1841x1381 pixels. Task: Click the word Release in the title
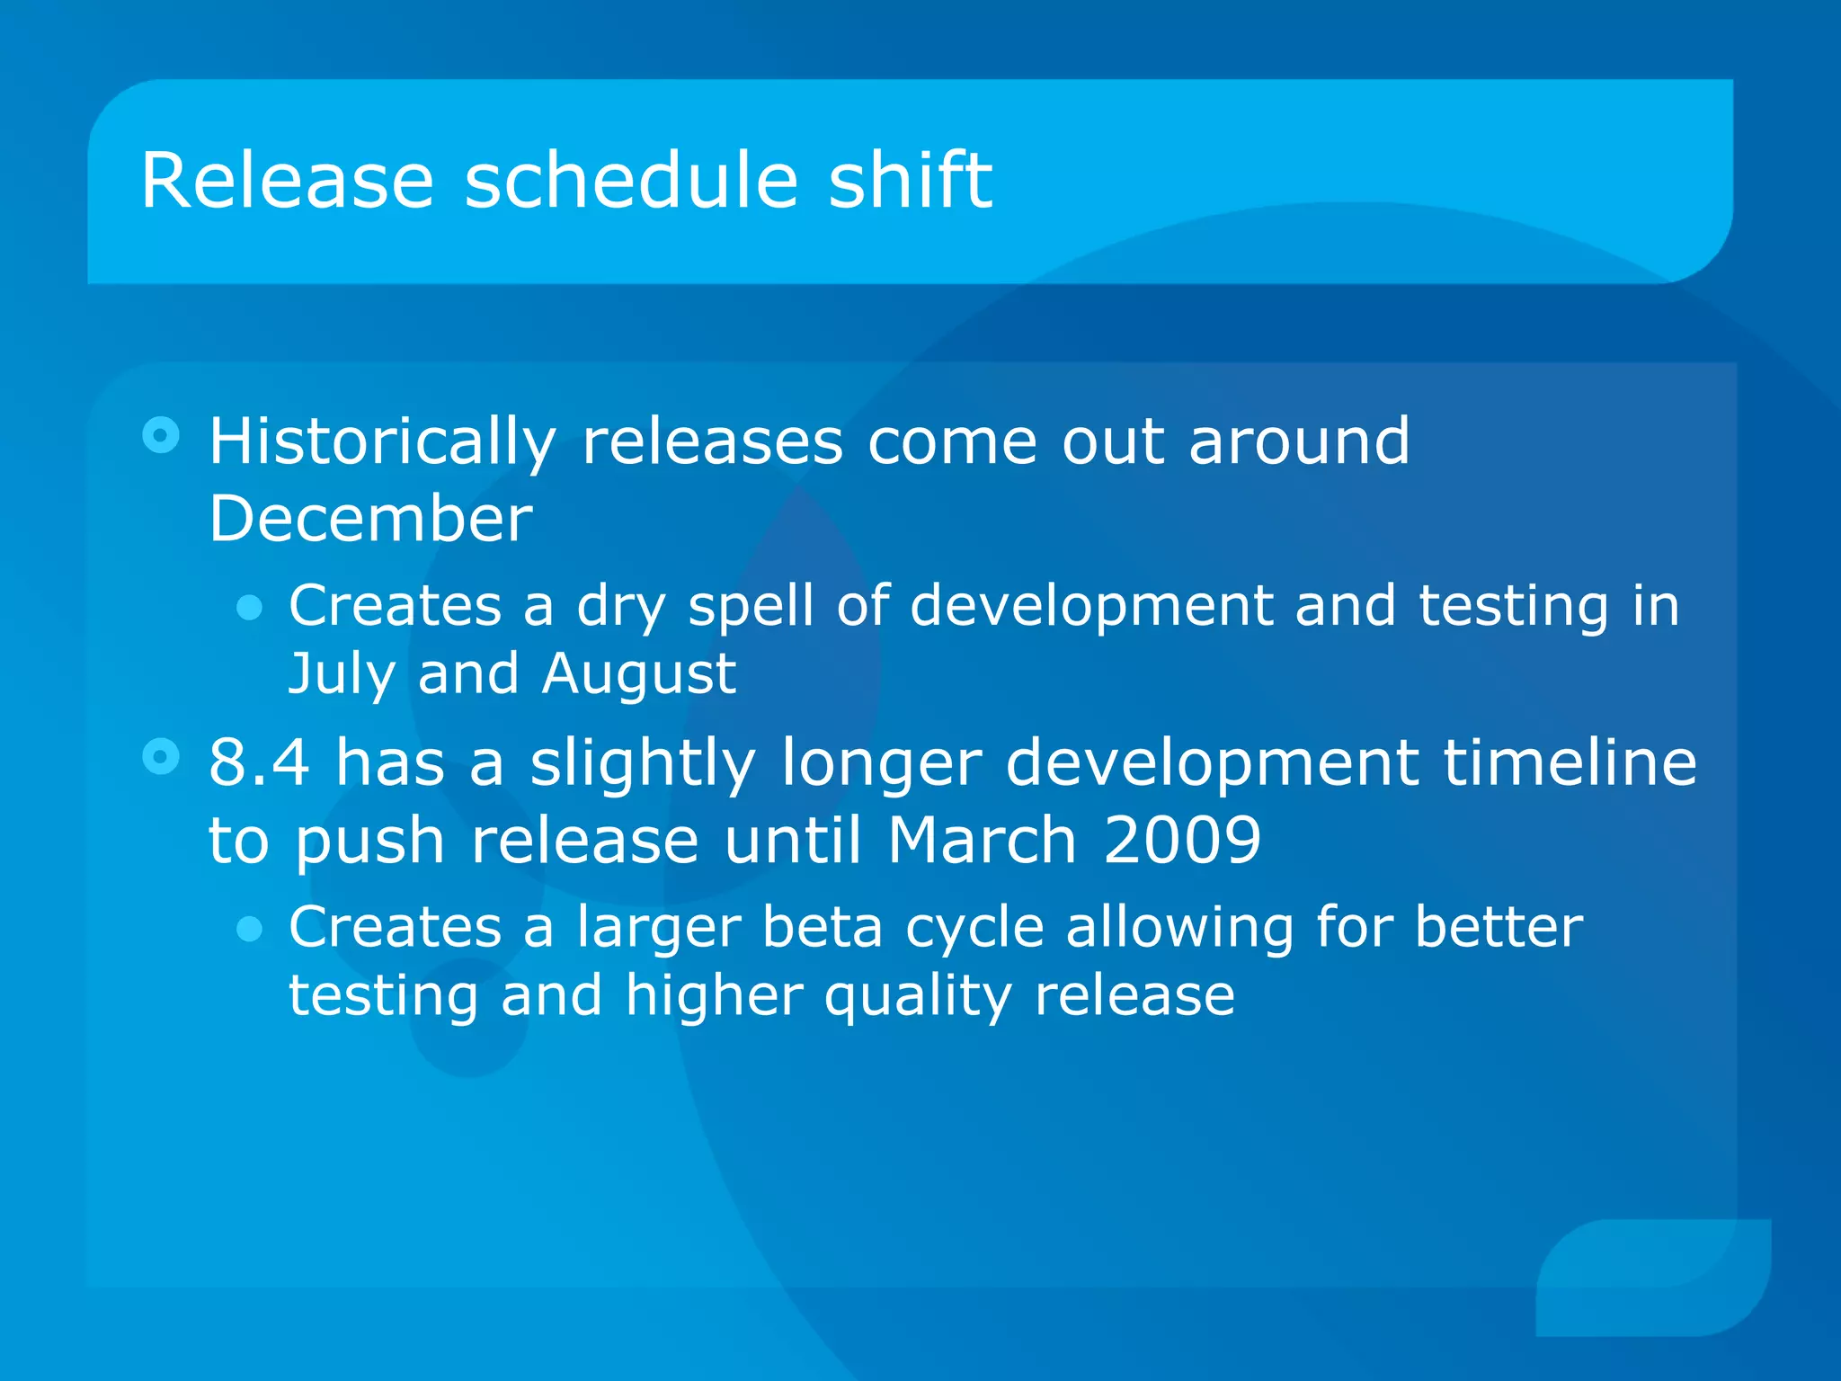pyautogui.click(x=288, y=181)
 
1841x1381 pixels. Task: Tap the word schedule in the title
pyautogui.click(x=631, y=181)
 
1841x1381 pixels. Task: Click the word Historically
pyautogui.click(x=383, y=444)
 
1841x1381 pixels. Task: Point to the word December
pyautogui.click(x=371, y=519)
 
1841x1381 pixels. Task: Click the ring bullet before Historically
pyautogui.click(x=161, y=436)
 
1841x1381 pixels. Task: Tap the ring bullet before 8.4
pyautogui.click(x=161, y=757)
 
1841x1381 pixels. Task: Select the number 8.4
pyautogui.click(x=260, y=763)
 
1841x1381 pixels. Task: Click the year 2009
pyautogui.click(x=1182, y=841)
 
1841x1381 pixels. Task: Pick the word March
pyautogui.click(x=983, y=840)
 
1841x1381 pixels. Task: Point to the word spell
pyautogui.click(x=752, y=607)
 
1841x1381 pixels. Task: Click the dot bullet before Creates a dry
pyautogui.click(x=249, y=609)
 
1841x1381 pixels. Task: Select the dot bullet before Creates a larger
pyautogui.click(x=249, y=930)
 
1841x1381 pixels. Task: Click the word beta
pyautogui.click(x=823, y=927)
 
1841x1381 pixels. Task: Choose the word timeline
pyautogui.click(x=1570, y=763)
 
